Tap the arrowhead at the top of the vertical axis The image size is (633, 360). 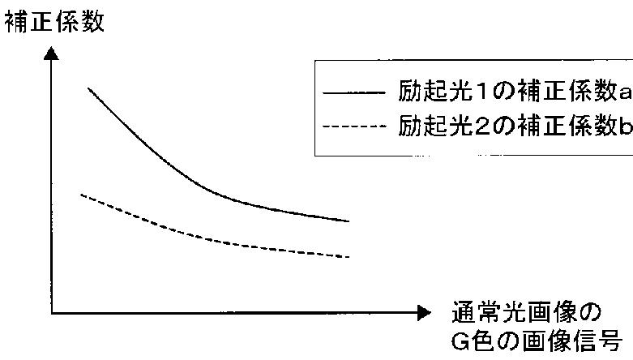pyautogui.click(x=52, y=54)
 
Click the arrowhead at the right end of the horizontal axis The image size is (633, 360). pyautogui.click(x=426, y=313)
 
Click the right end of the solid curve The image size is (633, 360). pyautogui.click(x=349, y=221)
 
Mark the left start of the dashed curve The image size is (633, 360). pyautogui.click(x=82, y=195)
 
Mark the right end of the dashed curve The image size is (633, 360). pyautogui.click(x=349, y=257)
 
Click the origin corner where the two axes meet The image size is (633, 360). pyautogui.click(x=52, y=313)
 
